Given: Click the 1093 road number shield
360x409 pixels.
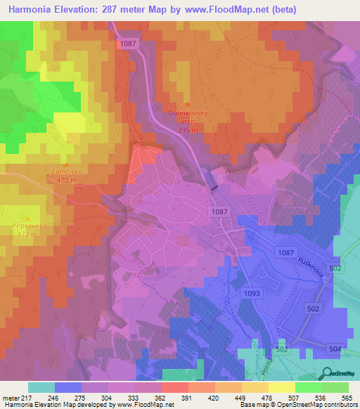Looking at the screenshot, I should pos(253,292).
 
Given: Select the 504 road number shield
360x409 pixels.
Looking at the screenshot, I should pos(334,349).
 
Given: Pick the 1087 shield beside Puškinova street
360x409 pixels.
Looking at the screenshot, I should pos(285,252).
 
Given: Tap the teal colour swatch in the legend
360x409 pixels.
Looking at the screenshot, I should pos(41,387).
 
